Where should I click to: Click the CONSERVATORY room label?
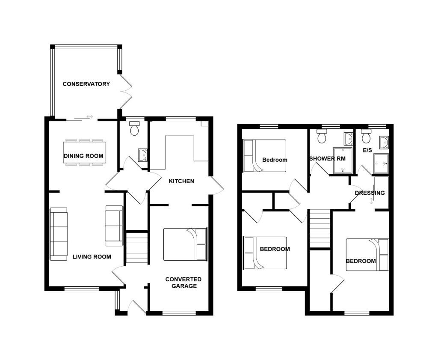86,84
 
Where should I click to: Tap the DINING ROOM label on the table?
83,156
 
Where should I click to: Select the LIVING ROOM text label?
92,256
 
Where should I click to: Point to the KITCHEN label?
181,181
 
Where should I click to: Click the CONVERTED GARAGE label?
183,283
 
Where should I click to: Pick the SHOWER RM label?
327,158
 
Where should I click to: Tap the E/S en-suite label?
367,150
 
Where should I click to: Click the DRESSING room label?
370,193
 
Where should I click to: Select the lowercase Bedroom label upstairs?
275,160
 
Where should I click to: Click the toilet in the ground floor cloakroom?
135,128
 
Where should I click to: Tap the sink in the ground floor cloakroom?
142,155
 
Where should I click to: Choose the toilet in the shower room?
322,136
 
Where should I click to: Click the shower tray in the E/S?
381,164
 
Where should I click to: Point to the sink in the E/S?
384,142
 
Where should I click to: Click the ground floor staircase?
136,248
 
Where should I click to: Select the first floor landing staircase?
320,228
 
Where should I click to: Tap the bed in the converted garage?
185,244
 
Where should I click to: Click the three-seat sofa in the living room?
59,234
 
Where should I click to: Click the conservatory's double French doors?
126,92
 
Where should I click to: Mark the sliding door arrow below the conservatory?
90,116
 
